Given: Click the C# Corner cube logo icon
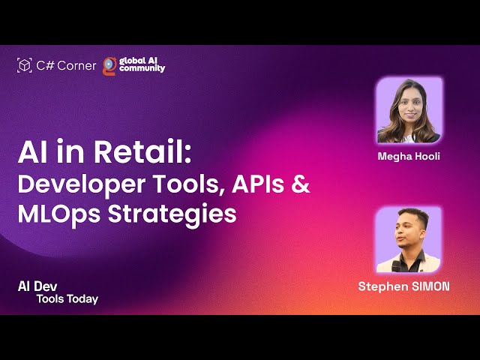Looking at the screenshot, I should [24, 65].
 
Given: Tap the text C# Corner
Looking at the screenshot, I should [66, 65].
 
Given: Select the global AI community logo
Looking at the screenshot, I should [133, 65].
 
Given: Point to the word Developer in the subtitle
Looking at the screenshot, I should [70, 184].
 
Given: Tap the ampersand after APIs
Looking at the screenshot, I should [299, 184].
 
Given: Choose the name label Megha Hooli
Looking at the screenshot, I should [408, 157].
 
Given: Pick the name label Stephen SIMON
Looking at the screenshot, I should [404, 286].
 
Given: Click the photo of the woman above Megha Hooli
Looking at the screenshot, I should [409, 110].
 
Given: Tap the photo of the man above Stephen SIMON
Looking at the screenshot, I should [408, 239].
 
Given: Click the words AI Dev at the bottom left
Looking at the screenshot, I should [37, 286].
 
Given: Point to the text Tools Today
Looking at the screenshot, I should [67, 299].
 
